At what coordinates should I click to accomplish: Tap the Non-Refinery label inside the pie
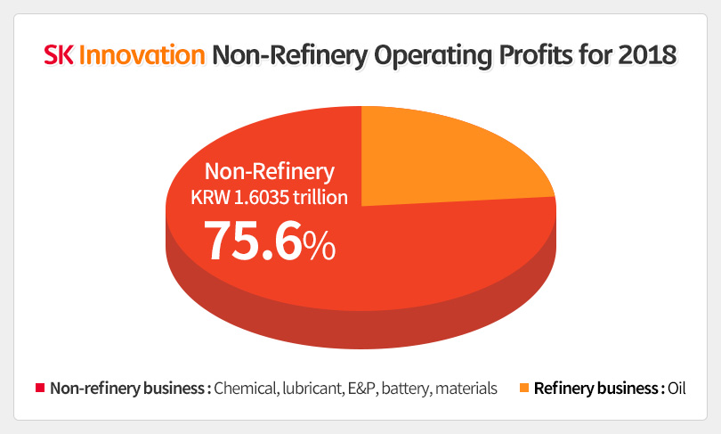click(x=270, y=171)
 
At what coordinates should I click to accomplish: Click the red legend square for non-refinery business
click(x=39, y=389)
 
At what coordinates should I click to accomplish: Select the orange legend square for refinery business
click(x=523, y=389)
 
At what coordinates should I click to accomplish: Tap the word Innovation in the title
click(x=142, y=56)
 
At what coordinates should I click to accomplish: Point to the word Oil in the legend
click(x=677, y=389)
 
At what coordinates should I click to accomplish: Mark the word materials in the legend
click(x=466, y=389)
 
